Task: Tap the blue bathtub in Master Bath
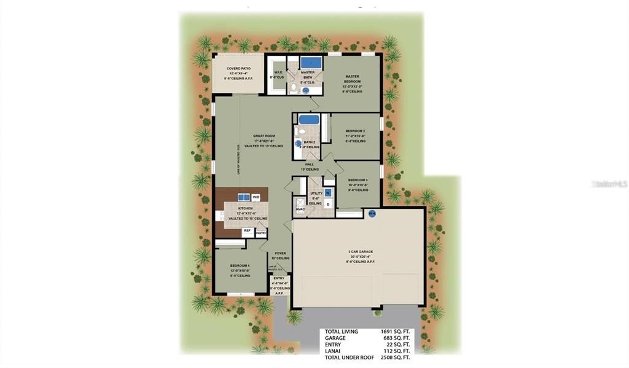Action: [312, 62]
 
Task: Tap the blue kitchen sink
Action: [242, 197]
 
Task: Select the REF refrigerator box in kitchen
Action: [247, 231]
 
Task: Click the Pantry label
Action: [261, 233]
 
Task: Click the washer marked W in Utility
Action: [328, 193]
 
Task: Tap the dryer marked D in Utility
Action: [328, 204]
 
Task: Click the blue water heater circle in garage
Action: [372, 214]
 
